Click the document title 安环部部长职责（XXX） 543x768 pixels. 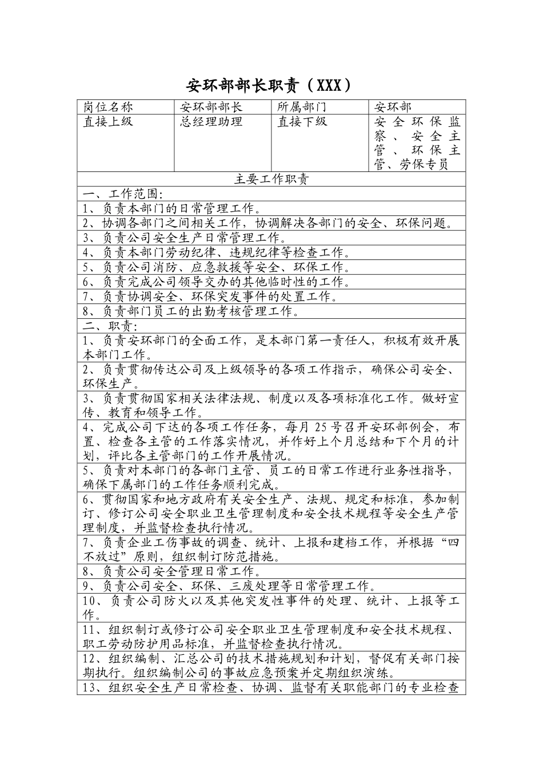click(x=269, y=86)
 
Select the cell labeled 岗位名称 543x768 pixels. click(x=108, y=107)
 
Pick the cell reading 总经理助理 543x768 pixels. click(x=211, y=122)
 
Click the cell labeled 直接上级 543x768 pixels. click(x=108, y=122)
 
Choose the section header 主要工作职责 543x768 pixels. click(x=271, y=179)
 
